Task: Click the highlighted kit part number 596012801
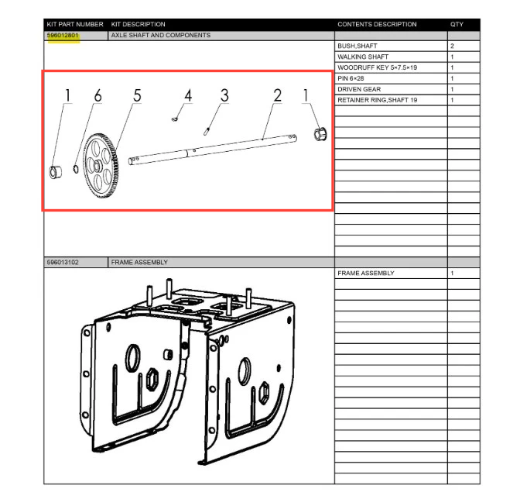point(63,35)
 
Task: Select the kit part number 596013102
point(63,262)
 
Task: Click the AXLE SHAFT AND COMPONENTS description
point(160,35)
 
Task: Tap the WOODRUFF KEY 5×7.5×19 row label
point(377,67)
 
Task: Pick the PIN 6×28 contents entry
point(351,78)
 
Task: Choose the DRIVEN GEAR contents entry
point(359,89)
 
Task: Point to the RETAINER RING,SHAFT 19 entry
point(377,100)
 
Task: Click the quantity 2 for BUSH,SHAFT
point(452,46)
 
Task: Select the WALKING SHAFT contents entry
point(363,57)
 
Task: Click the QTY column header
point(457,24)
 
